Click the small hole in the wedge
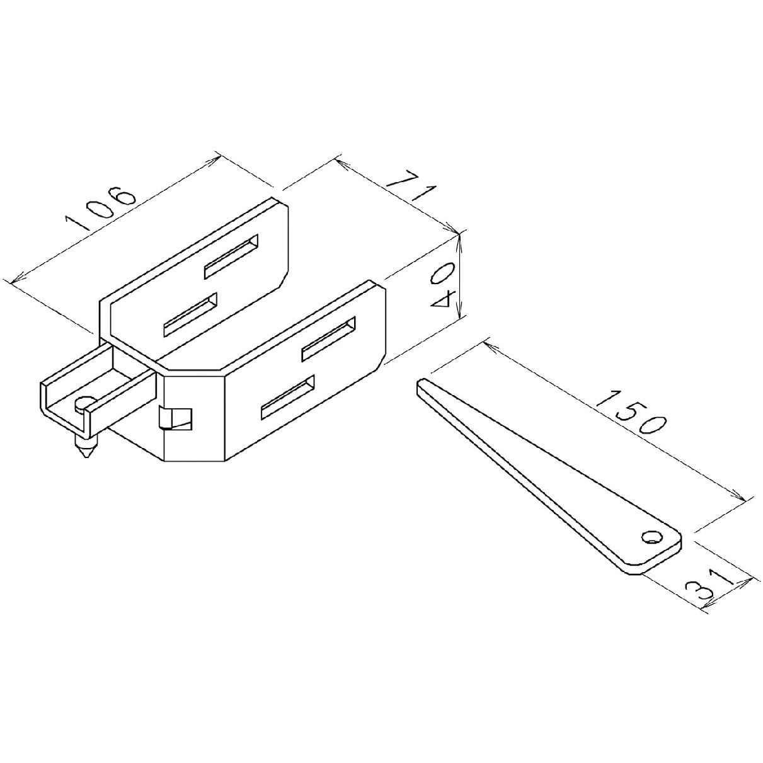pyautogui.click(x=649, y=537)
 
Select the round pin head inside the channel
pyautogui.click(x=84, y=404)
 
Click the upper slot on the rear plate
pyautogui.click(x=231, y=256)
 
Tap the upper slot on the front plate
pyautogui.click(x=328, y=341)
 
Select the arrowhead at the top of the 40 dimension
pyautogui.click(x=461, y=236)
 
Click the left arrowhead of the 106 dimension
pyautogui.click(x=11, y=280)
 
